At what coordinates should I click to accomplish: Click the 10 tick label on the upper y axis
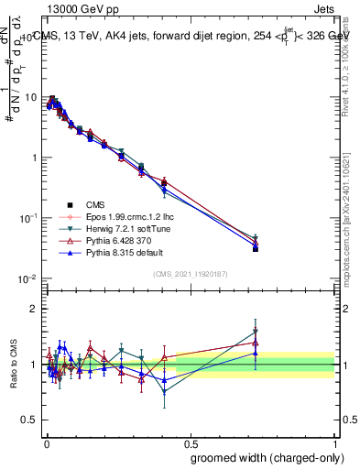coord(31,97)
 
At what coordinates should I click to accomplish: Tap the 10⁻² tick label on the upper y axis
coord(29,278)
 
